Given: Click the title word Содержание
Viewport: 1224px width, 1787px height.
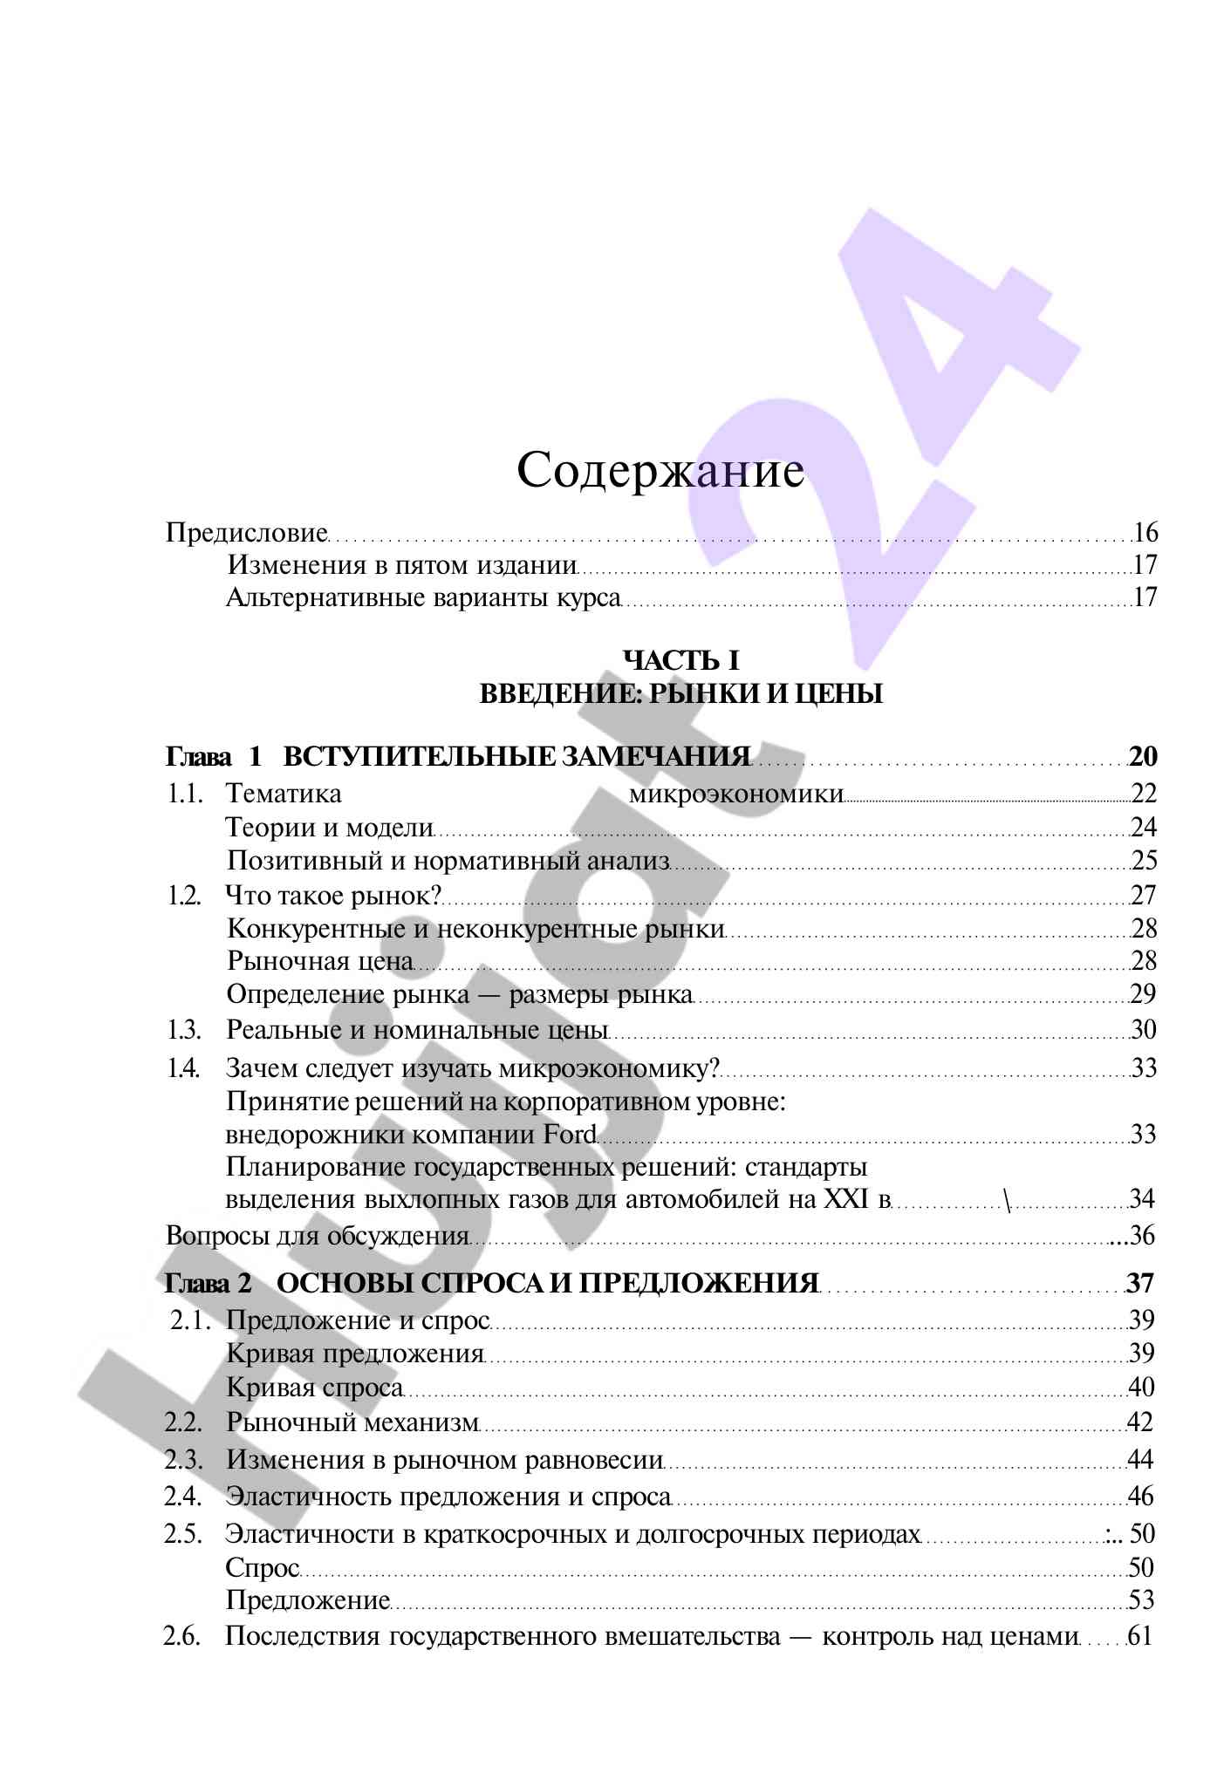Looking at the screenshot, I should click(x=660, y=472).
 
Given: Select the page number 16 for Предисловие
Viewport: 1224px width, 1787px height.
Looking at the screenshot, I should click(x=1145, y=532).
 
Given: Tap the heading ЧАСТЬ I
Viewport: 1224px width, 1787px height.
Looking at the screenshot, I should click(x=680, y=660).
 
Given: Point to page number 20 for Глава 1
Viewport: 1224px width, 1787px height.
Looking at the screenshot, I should click(x=1142, y=756).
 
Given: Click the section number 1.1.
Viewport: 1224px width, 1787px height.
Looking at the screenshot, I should click(x=185, y=794).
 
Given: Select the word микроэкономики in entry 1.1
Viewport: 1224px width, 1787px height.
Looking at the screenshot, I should click(x=735, y=794).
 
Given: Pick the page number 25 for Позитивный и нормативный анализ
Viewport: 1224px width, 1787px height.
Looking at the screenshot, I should click(x=1144, y=861).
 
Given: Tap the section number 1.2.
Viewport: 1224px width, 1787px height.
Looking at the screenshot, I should click(x=185, y=895).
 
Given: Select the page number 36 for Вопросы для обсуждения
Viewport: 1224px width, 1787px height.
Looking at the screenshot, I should click(x=1143, y=1236).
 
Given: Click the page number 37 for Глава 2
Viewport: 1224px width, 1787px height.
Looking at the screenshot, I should click(x=1140, y=1283).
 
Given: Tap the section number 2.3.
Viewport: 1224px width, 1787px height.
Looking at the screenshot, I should click(x=183, y=1459).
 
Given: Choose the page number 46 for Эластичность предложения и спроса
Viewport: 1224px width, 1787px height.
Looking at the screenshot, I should click(x=1141, y=1497).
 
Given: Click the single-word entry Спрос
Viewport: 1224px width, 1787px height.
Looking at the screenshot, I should click(x=262, y=1568).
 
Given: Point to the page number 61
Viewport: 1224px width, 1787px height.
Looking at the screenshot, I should click(x=1140, y=1636).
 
